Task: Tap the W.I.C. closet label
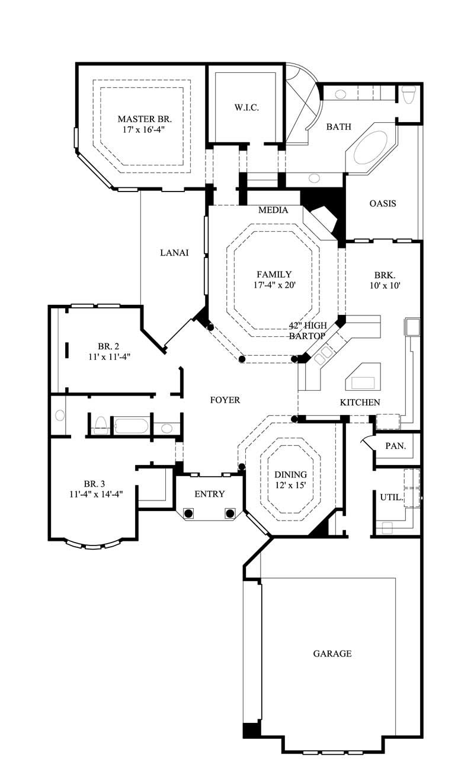(x=245, y=107)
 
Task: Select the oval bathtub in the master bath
(x=371, y=147)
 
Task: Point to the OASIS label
(x=382, y=203)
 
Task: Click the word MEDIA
(x=273, y=210)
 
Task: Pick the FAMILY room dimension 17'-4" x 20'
(x=274, y=285)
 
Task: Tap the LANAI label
(x=174, y=253)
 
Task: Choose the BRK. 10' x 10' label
(x=385, y=280)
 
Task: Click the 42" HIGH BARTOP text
(x=307, y=330)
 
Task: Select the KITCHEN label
(x=360, y=403)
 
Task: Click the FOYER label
(x=225, y=400)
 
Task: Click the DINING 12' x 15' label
(x=290, y=480)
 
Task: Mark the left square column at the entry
(x=189, y=514)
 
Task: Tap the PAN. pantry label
(x=395, y=446)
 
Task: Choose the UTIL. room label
(x=392, y=498)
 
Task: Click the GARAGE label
(x=332, y=653)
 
